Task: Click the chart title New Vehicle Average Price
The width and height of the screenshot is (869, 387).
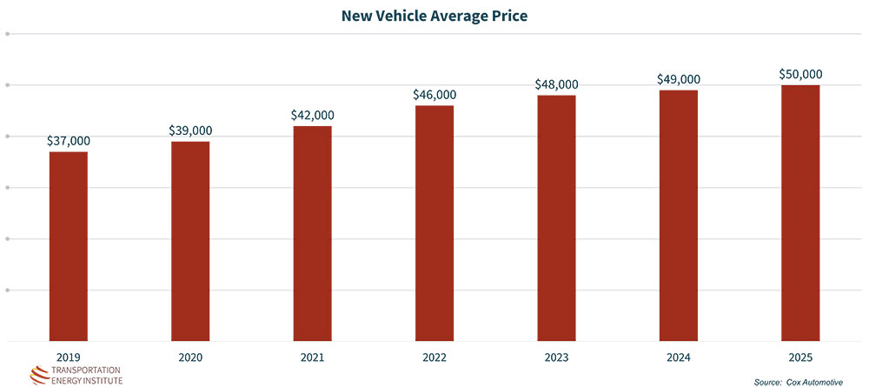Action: pyautogui.click(x=434, y=16)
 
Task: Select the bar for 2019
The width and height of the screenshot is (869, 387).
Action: pyautogui.click(x=68, y=246)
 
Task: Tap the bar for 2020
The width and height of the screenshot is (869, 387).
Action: pyautogui.click(x=190, y=241)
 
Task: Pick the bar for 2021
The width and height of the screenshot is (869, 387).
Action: pyautogui.click(x=312, y=233)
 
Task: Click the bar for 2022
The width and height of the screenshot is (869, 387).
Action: pyautogui.click(x=434, y=223)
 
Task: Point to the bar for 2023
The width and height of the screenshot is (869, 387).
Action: pyautogui.click(x=556, y=217)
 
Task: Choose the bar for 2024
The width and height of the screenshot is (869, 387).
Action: pyautogui.click(x=679, y=215)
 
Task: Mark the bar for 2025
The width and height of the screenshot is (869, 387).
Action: pyautogui.click(x=800, y=212)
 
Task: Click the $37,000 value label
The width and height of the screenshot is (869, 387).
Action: pyautogui.click(x=68, y=141)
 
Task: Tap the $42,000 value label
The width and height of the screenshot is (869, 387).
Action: pyautogui.click(x=312, y=115)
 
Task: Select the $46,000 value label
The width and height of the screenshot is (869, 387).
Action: pyautogui.click(x=434, y=94)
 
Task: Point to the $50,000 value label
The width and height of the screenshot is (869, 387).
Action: pyautogui.click(x=800, y=74)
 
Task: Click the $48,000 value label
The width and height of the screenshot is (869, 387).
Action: pyautogui.click(x=556, y=84)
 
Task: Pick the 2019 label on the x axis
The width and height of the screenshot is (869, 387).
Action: pyautogui.click(x=68, y=357)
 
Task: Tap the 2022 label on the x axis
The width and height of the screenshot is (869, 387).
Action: pyautogui.click(x=434, y=357)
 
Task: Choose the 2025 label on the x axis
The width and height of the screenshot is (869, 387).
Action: pyautogui.click(x=800, y=357)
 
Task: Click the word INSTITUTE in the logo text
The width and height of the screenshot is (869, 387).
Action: pyautogui.click(x=101, y=380)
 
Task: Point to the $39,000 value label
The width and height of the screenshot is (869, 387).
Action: pyautogui.click(x=190, y=130)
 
